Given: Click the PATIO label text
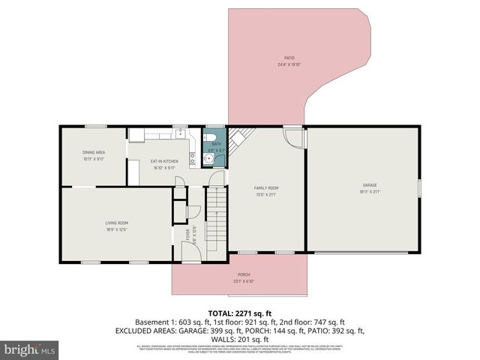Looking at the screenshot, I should pos(289,58).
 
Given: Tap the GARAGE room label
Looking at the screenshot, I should pos(369,184).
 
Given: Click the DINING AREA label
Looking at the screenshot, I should pos(94,152).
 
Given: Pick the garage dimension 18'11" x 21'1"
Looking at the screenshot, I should pos(369,192).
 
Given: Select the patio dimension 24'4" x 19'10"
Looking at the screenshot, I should pos(289,64).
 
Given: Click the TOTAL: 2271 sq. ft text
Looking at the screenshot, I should pos(240,312).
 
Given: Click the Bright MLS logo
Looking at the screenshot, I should pos(30,350).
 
